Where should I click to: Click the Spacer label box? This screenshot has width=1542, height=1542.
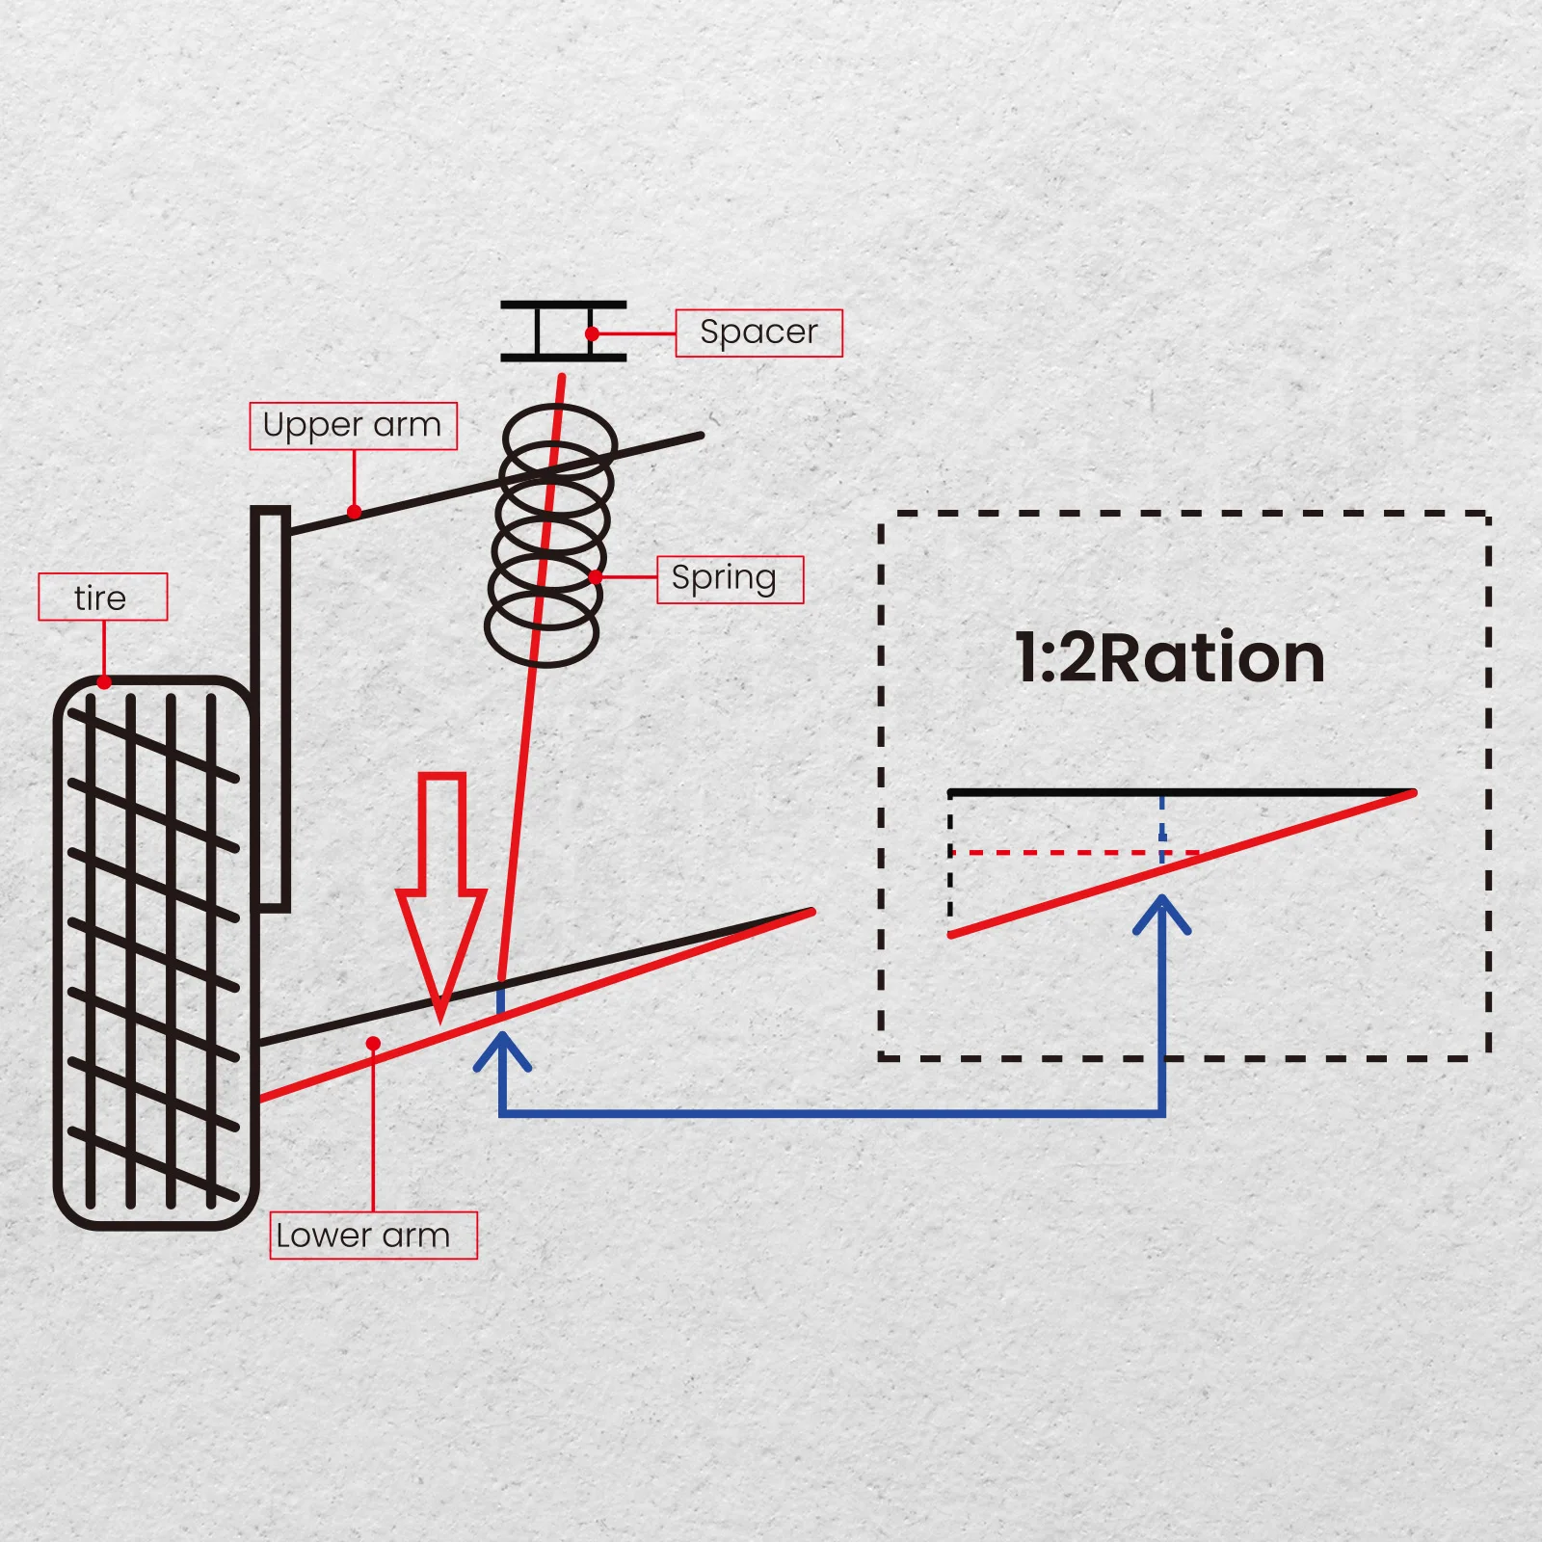(x=758, y=332)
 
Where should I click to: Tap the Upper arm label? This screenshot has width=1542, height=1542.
(x=353, y=426)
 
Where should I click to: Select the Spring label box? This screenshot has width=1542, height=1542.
(x=730, y=579)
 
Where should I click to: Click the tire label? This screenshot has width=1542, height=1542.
(x=102, y=598)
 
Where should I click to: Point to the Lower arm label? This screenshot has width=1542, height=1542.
(x=373, y=1235)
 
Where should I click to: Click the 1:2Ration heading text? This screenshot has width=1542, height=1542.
(x=1170, y=658)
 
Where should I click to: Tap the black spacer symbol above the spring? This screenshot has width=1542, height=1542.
(x=563, y=332)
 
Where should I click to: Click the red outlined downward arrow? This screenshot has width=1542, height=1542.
(x=441, y=887)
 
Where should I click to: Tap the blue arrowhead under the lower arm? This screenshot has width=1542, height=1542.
(x=502, y=1049)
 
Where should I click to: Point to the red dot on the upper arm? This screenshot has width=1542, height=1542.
(x=355, y=512)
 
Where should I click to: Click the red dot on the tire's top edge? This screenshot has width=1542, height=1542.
(x=104, y=682)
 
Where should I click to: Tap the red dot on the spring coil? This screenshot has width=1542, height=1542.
(x=596, y=576)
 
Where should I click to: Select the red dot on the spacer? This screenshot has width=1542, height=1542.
(x=592, y=333)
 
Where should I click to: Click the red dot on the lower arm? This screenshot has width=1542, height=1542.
(x=373, y=1044)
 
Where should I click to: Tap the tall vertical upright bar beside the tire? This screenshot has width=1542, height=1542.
(x=271, y=708)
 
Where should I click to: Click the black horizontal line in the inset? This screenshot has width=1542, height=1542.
(x=1060, y=793)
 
